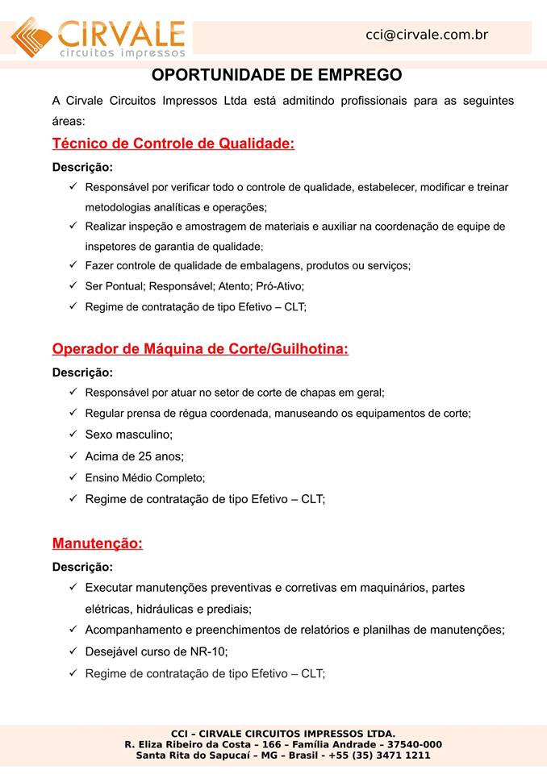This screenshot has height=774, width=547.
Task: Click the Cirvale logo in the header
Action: tap(98, 37)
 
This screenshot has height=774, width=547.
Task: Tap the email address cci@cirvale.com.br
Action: tap(427, 35)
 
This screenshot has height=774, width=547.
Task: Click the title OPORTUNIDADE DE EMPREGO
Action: tap(277, 76)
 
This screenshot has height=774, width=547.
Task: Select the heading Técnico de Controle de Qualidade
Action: tap(173, 144)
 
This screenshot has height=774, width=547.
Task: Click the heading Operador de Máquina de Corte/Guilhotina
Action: tap(200, 349)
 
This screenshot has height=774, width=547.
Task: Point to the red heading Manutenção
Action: tap(97, 543)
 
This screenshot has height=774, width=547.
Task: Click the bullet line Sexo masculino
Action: tap(128, 435)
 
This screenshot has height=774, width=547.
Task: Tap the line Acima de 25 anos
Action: tap(134, 456)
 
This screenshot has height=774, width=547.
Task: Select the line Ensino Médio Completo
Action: tap(145, 478)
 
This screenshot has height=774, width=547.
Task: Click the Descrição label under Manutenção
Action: tap(82, 567)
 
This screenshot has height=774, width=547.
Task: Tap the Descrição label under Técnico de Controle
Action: tap(82, 168)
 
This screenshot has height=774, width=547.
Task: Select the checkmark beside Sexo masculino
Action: tap(73, 434)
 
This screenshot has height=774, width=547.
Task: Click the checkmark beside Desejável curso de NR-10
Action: tap(73, 651)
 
